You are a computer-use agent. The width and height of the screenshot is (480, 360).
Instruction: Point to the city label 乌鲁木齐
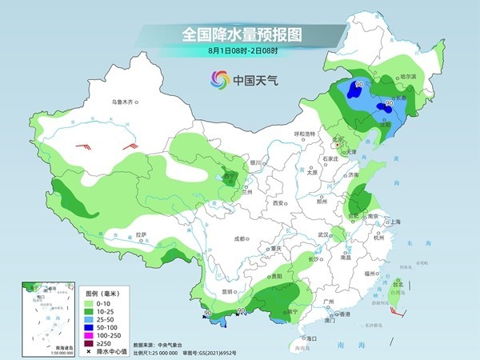[x=125, y=102]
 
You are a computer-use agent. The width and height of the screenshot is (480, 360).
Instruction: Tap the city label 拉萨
[x=142, y=234]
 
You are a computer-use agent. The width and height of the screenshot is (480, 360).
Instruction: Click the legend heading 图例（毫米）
[x=101, y=293]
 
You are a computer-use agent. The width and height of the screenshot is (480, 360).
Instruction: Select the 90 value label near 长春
[x=389, y=104]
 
